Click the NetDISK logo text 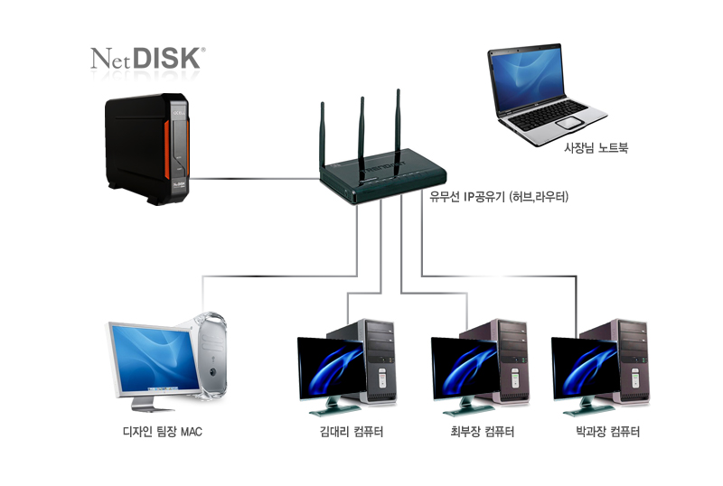pyautogui.click(x=148, y=59)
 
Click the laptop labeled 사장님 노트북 pyautogui.click(x=543, y=90)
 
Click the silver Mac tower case pyautogui.click(x=211, y=357)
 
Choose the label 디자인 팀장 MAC pyautogui.click(x=162, y=432)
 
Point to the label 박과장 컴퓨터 pyautogui.click(x=607, y=432)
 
